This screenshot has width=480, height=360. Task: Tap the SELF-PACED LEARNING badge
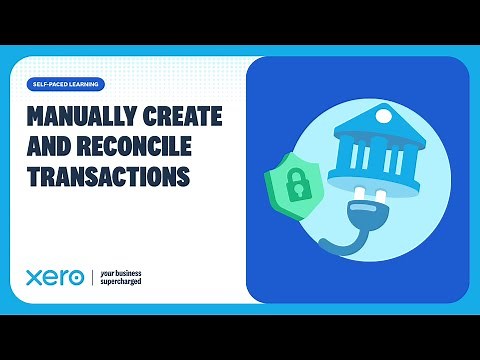click(66, 84)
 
